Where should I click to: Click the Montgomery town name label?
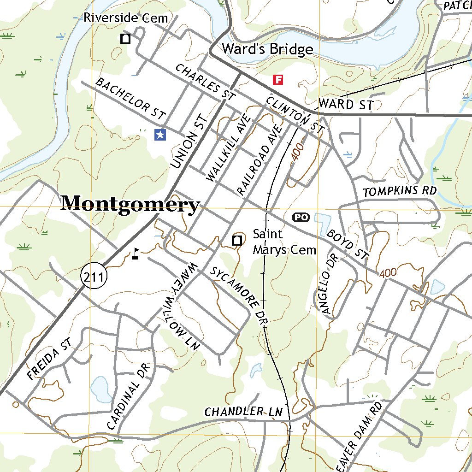point(130,204)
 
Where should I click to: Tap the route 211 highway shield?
point(94,277)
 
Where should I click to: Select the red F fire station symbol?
point(278,80)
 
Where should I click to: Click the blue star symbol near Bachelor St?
point(160,135)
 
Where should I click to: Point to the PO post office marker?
point(301,217)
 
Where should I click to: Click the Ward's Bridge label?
point(267,49)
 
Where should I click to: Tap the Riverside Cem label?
point(125,18)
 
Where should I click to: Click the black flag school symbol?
point(135,254)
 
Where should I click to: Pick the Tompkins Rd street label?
point(399,191)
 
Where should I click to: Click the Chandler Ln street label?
point(243,411)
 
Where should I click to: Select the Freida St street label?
point(50,360)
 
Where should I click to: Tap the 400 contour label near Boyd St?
point(388,273)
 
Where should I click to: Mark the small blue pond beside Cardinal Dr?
point(100,389)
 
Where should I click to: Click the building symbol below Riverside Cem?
point(125,39)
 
